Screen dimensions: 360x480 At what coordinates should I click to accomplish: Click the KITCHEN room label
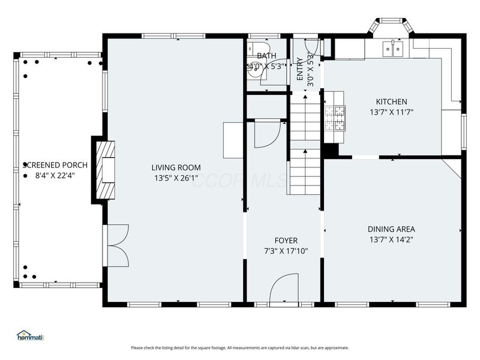point(391,101)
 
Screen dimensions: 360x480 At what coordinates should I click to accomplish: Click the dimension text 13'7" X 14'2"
point(391,239)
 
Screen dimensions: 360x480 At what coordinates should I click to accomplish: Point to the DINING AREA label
point(391,229)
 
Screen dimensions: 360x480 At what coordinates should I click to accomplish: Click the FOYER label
point(286,241)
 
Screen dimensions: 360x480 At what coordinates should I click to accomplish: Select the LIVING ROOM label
point(176,167)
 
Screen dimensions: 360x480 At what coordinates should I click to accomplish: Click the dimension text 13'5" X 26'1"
point(176,178)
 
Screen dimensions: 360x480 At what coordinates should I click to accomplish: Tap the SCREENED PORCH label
point(55,165)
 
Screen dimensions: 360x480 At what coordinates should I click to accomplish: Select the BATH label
point(266,56)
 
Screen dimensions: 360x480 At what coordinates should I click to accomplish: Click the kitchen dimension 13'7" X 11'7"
point(391,112)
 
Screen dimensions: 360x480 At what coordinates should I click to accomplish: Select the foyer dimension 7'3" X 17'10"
point(286,251)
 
